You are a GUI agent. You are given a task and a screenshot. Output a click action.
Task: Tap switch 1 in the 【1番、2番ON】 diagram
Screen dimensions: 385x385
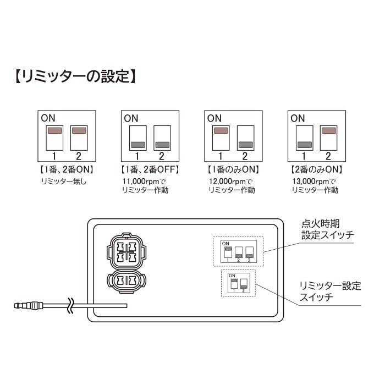click(x=54, y=137)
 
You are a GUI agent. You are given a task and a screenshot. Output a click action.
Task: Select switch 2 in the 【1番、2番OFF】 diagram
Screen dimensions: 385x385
click(x=162, y=137)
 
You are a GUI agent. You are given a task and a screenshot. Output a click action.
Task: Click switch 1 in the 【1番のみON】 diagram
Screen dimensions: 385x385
click(x=221, y=137)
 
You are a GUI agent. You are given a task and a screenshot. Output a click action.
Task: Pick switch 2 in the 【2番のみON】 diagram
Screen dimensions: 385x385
click(x=328, y=137)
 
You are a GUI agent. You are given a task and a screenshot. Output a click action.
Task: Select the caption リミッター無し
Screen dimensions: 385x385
click(x=64, y=181)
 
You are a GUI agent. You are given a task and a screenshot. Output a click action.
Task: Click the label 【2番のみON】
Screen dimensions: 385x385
click(x=316, y=169)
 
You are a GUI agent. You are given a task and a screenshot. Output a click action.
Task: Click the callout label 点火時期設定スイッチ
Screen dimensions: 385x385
click(x=327, y=230)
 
